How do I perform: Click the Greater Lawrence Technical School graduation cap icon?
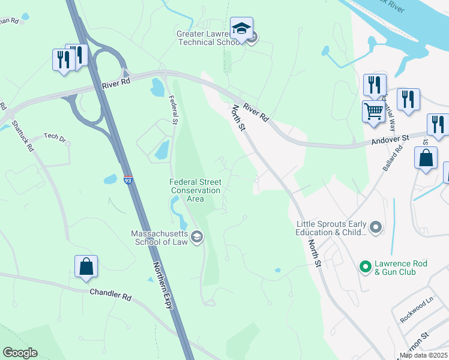coord(241,29)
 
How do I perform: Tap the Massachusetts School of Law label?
coord(160,238)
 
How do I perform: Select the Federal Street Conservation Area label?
coord(196,190)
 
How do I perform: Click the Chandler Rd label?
coord(110,295)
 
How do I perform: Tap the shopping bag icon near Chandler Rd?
coord(86,266)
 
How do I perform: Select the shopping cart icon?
coord(373,111)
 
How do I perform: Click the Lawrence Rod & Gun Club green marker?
coord(364,266)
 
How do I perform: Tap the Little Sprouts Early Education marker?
coord(376,227)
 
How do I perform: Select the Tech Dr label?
coord(55,137)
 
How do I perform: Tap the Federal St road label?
coord(173,109)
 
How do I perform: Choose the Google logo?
coord(20,353)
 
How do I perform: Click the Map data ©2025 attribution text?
coord(423,355)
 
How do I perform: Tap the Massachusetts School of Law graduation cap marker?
coord(196,238)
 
